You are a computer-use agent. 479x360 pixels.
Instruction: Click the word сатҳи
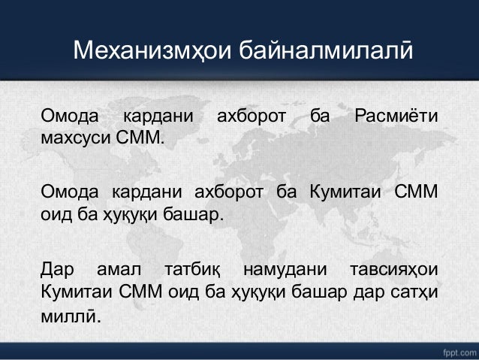click(417, 290)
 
